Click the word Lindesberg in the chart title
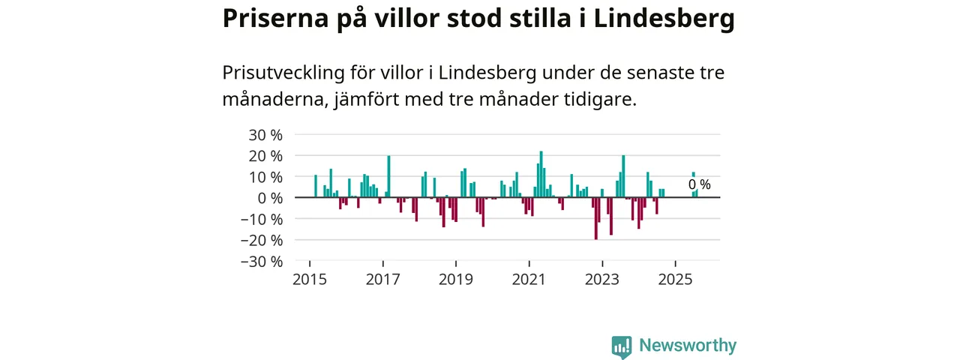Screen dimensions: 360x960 [x=664, y=20]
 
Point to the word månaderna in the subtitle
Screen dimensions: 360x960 [x=271, y=100]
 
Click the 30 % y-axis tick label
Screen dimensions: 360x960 [x=265, y=135]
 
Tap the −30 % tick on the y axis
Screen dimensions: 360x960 [x=262, y=262]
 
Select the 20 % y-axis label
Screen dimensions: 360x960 [x=265, y=156]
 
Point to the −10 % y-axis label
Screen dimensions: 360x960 [x=262, y=220]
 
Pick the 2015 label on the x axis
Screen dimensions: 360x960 [x=310, y=280]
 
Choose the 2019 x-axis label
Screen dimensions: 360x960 [x=456, y=280]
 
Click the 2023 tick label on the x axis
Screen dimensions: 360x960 [x=602, y=280]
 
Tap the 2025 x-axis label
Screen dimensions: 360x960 [x=675, y=280]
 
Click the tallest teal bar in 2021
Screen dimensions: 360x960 [x=541, y=174]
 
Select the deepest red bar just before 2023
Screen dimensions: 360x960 [x=595, y=218]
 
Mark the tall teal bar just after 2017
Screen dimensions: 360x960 [x=388, y=176]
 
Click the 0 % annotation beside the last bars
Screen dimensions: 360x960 [x=699, y=184]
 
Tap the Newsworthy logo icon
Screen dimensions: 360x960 [x=621, y=346]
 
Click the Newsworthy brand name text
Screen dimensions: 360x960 [x=688, y=346]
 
